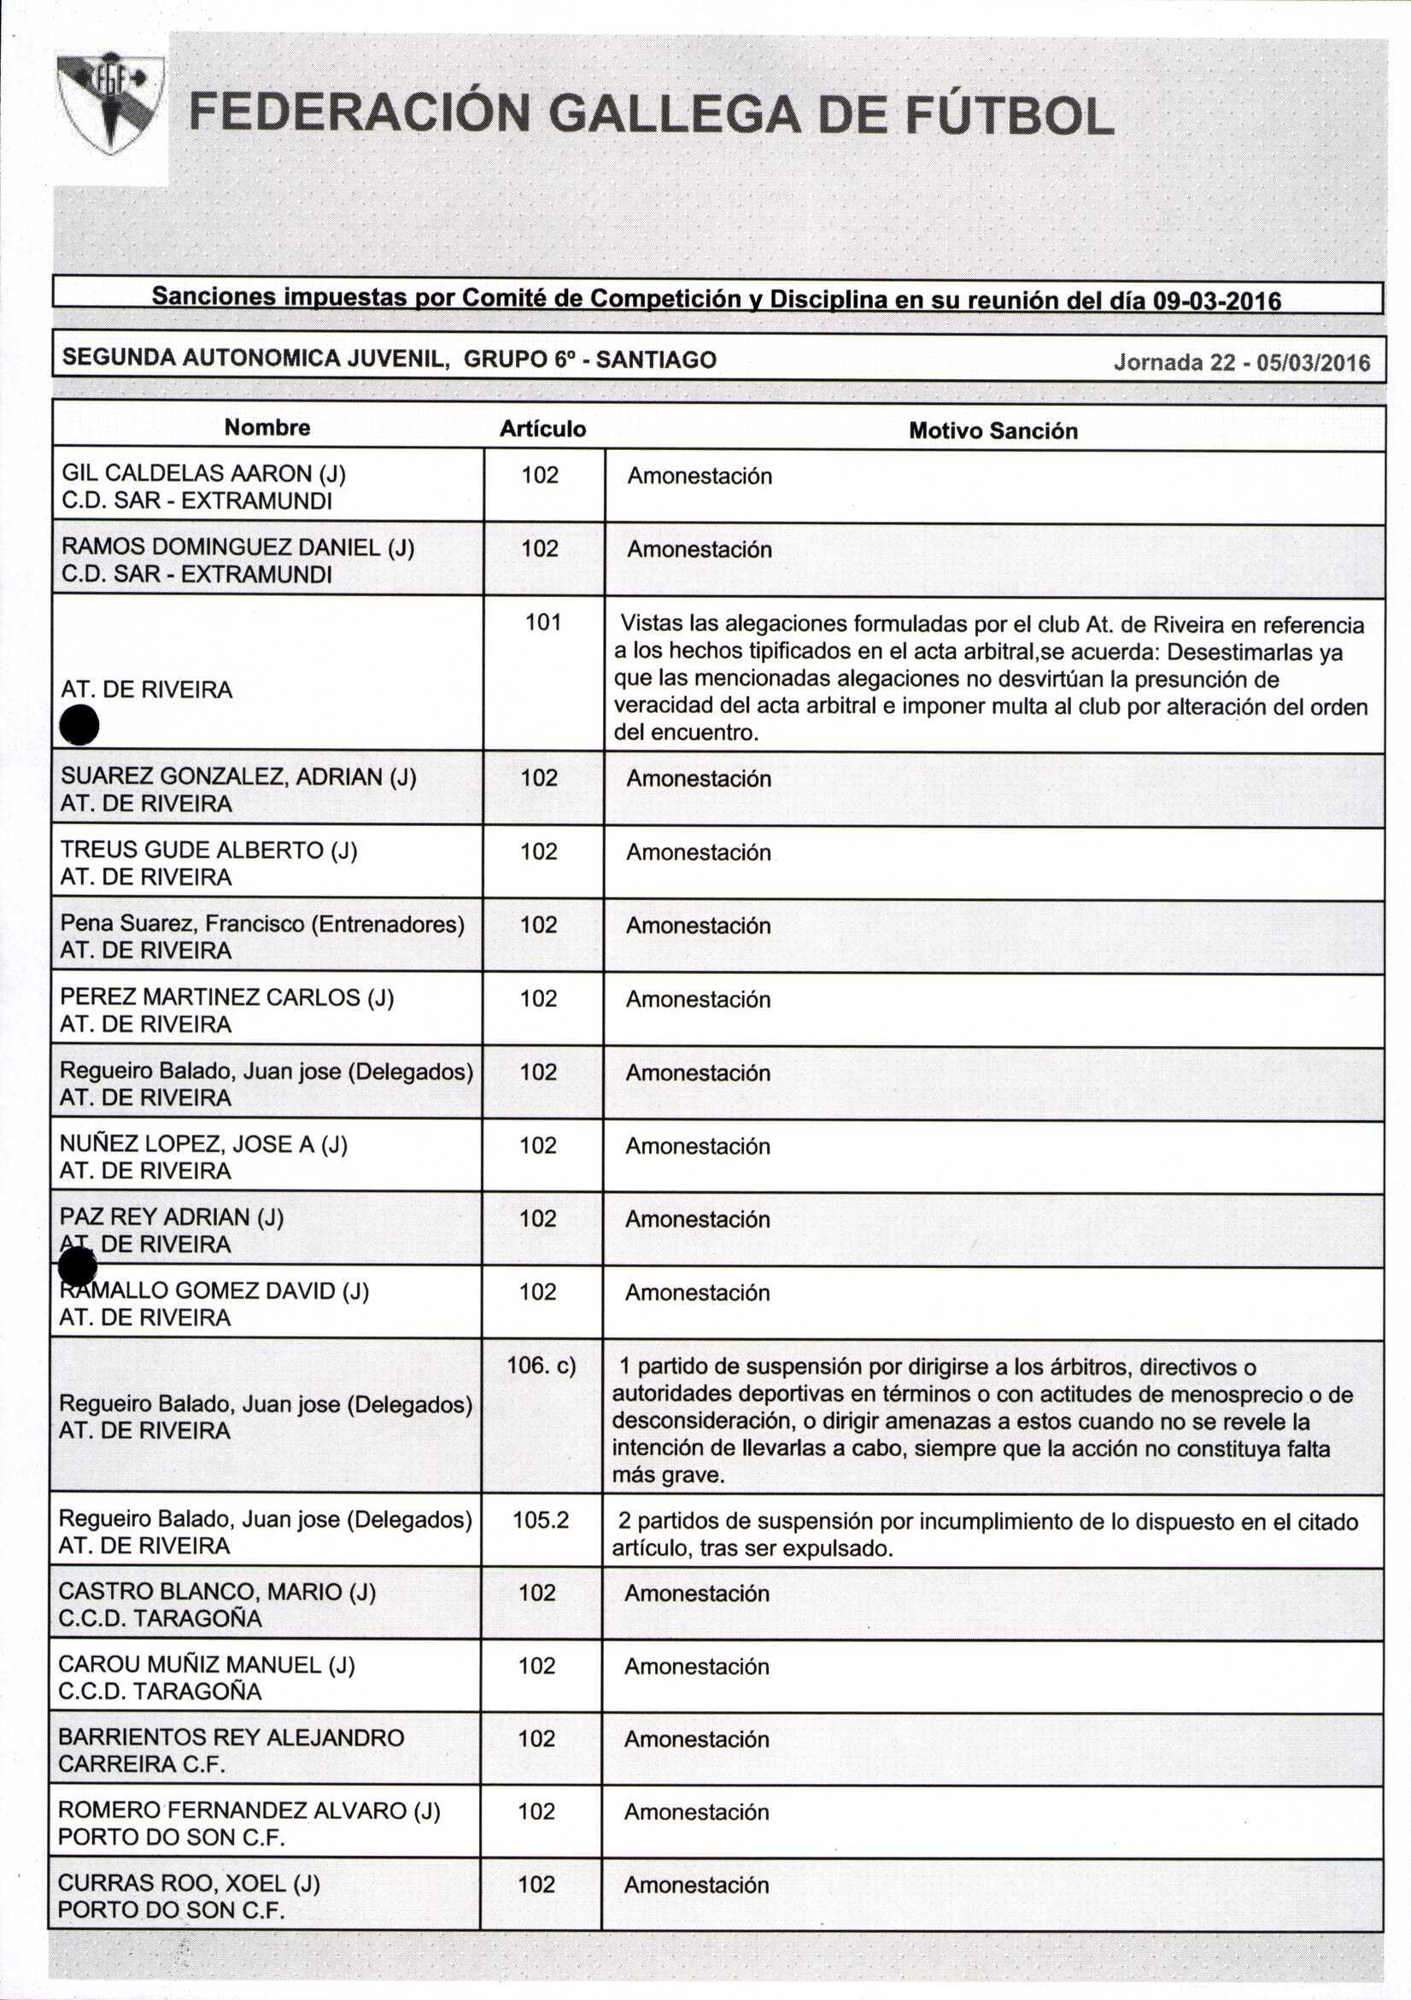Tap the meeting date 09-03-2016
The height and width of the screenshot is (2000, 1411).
pos(1217,301)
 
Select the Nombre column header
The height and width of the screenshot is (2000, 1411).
pos(267,428)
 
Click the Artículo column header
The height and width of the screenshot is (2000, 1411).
pos(542,429)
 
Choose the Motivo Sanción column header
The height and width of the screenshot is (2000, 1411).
pos(993,431)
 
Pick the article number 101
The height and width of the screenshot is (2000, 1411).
pos(542,622)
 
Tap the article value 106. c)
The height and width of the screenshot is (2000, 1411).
pos(541,1365)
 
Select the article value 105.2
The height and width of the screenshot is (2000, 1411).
pos(541,1520)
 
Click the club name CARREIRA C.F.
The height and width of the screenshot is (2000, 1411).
pos(141,1763)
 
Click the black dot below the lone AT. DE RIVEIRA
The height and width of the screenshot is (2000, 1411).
pos(80,726)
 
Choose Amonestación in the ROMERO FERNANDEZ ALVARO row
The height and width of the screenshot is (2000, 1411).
pos(697,1812)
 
